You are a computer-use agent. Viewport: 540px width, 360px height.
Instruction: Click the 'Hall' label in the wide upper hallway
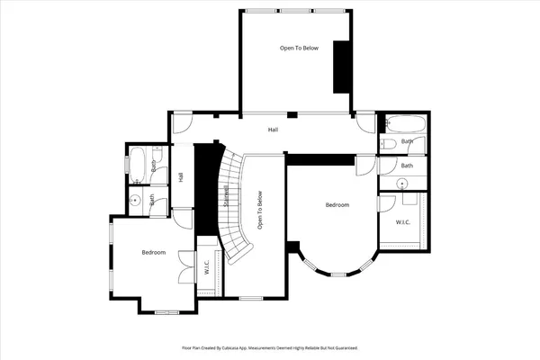272,130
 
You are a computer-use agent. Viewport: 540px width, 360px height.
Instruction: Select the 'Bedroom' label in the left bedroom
154,252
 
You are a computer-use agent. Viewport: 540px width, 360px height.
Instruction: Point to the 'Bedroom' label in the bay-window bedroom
337,205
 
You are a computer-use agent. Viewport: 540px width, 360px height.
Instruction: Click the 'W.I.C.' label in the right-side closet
403,221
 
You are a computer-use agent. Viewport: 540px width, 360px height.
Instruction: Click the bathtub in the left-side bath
139,166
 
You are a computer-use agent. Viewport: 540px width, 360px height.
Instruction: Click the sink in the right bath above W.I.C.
402,184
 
